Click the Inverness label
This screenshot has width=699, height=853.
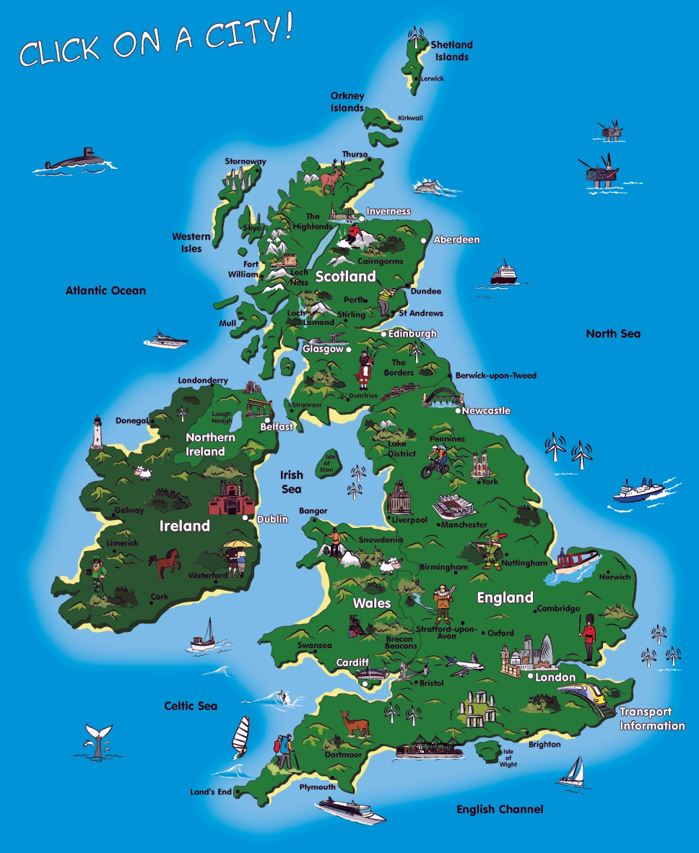click(x=388, y=212)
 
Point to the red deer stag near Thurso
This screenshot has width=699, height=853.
click(x=333, y=177)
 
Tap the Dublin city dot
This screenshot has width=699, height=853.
click(x=246, y=518)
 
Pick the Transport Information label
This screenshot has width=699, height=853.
click(x=651, y=719)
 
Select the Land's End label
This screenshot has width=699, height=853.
click(x=210, y=792)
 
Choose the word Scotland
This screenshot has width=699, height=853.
click(x=345, y=276)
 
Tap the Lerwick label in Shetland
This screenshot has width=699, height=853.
click(x=433, y=78)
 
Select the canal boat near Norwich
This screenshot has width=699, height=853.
click(x=577, y=560)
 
